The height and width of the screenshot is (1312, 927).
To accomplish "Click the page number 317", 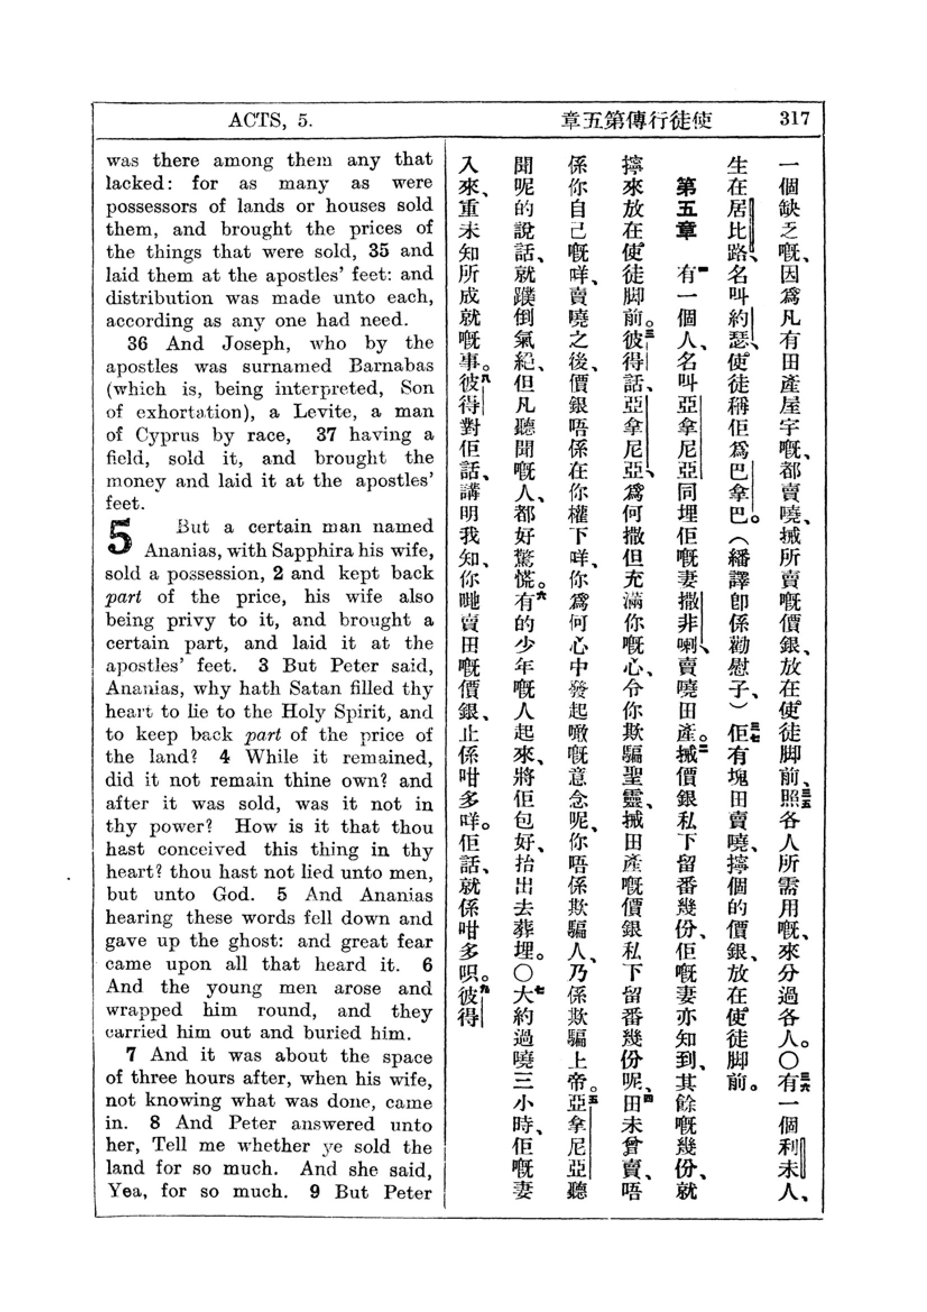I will point(794,119).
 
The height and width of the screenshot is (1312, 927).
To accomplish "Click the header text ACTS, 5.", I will point(270,121).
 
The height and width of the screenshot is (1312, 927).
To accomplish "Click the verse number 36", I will point(137,344).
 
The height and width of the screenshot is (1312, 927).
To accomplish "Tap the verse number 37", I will point(326,435).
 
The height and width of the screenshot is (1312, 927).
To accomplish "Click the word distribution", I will point(160,298).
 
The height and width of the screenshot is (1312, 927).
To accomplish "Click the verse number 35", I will point(379,251).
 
